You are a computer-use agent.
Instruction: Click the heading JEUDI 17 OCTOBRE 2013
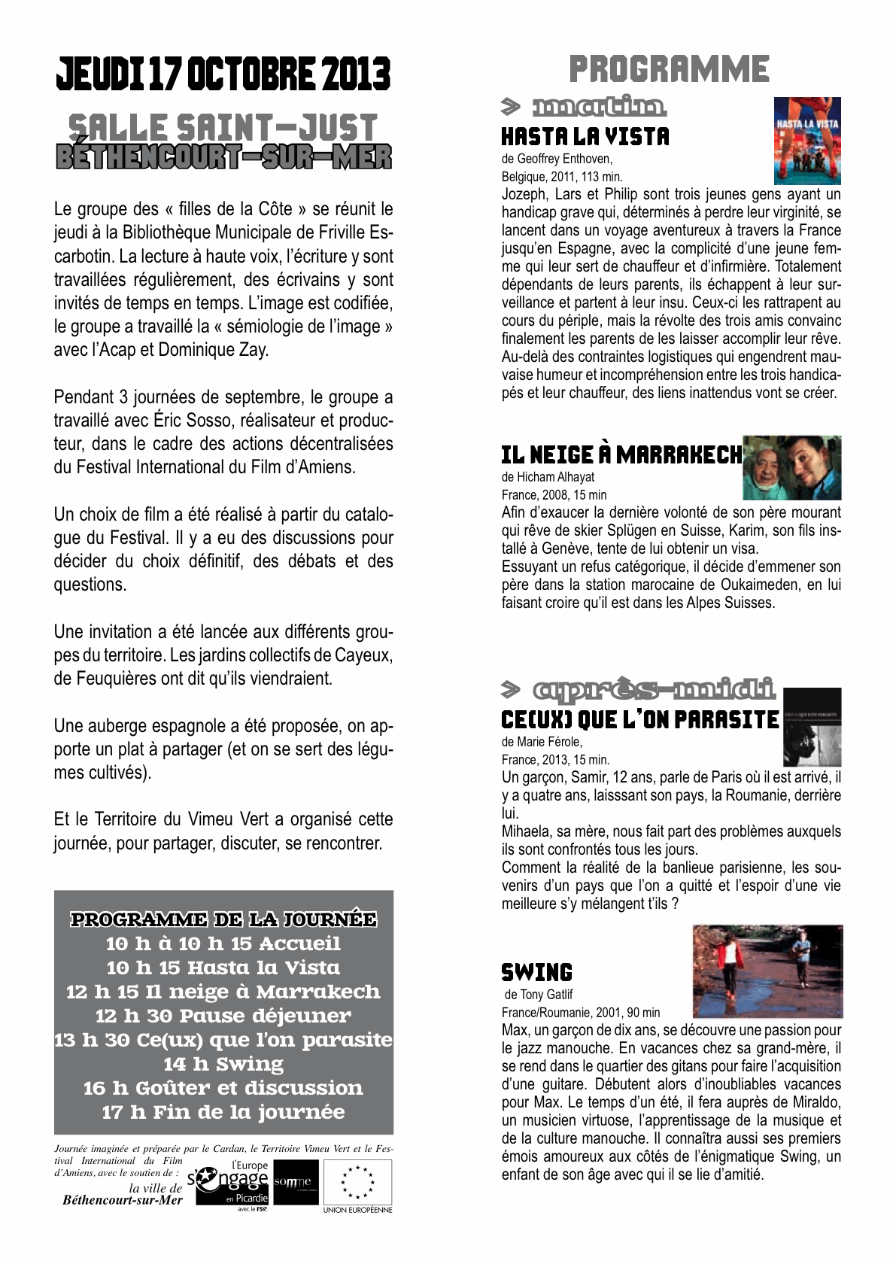coord(223,74)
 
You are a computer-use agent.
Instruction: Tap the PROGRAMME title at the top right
coord(669,69)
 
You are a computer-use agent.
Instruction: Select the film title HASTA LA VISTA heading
coord(585,137)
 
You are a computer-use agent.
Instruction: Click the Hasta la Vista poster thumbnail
coord(807,141)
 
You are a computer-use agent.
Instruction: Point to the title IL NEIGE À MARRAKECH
coord(621,455)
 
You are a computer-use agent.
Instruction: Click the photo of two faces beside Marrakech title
coord(791,468)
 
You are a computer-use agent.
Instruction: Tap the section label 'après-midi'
coord(653,689)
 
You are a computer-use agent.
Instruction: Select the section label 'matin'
coord(598,108)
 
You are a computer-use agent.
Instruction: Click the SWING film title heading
coord(536,972)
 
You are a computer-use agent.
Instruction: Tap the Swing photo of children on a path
coord(767,971)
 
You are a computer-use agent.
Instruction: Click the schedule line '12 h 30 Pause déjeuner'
coord(223,1016)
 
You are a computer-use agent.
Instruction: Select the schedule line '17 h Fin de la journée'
coord(223,1112)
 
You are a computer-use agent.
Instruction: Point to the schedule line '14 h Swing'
coord(223,1064)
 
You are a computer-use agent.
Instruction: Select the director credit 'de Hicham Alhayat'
coord(548,476)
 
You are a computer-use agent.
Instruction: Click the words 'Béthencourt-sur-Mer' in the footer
coord(123,1200)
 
